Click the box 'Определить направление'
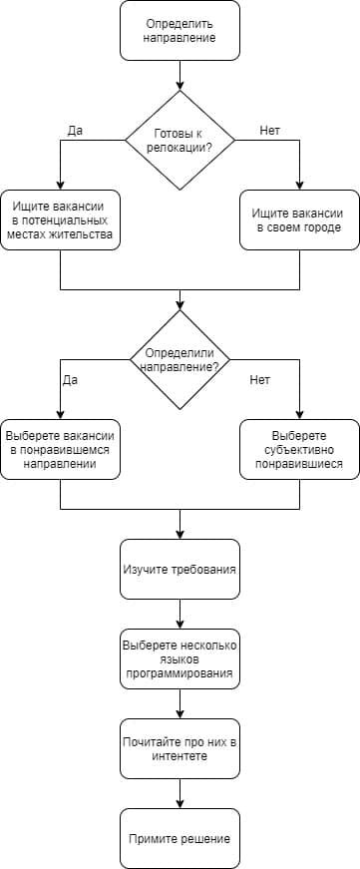click(180, 30)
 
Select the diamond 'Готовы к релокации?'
click(180, 140)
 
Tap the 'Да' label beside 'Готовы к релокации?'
click(75, 131)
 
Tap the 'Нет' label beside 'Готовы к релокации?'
click(270, 131)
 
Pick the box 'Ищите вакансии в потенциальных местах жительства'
click(60, 219)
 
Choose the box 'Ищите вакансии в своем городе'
click(299, 219)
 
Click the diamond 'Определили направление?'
click(180, 359)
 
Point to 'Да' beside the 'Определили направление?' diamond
click(70, 380)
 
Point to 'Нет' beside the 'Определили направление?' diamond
click(260, 380)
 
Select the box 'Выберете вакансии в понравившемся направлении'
click(60, 449)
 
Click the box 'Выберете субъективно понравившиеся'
click(299, 449)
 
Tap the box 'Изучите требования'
click(180, 569)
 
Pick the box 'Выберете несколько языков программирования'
click(180, 658)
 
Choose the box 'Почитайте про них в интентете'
click(180, 748)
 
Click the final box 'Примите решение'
click(180, 838)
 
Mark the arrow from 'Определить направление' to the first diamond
click(180, 75)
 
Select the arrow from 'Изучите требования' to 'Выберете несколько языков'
click(180, 614)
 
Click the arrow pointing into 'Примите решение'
click(180, 794)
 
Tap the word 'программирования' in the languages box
click(180, 674)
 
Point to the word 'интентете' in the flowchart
click(180, 756)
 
